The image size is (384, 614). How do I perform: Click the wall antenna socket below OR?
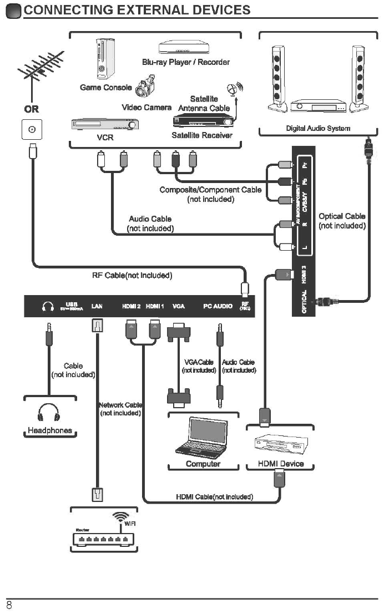pyautogui.click(x=32, y=130)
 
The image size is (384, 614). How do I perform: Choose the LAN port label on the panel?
pyautogui.click(x=97, y=306)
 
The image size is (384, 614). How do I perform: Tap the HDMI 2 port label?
pyautogui.click(x=131, y=306)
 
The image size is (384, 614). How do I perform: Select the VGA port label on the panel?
pyautogui.click(x=179, y=306)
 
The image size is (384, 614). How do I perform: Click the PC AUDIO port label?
pyautogui.click(x=218, y=306)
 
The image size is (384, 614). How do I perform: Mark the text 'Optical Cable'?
pyautogui.click(x=342, y=216)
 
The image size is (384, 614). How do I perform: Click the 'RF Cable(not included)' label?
pyautogui.click(x=132, y=276)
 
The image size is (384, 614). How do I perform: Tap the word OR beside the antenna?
pyautogui.click(x=31, y=109)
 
